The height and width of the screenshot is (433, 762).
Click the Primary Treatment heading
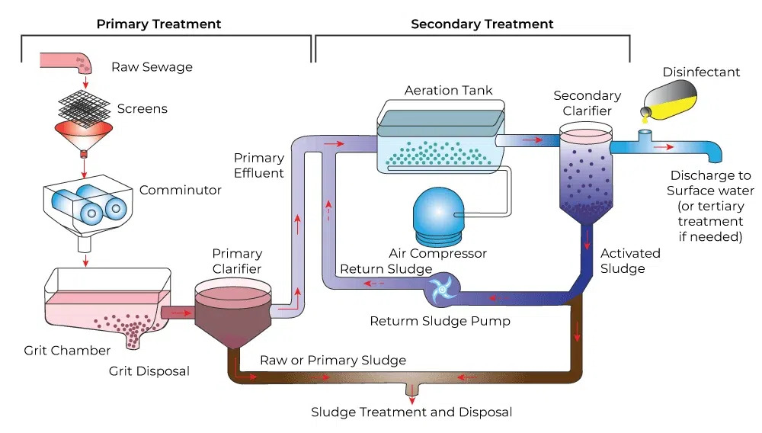click(158, 24)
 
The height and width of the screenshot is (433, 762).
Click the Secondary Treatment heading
click(482, 24)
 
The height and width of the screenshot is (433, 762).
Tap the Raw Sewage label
click(152, 67)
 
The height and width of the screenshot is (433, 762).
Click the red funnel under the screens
click(84, 137)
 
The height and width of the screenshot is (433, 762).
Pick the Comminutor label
click(180, 190)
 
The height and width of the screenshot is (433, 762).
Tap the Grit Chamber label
click(67, 351)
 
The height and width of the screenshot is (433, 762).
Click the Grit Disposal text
click(149, 371)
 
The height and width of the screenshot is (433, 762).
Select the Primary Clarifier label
click(237, 261)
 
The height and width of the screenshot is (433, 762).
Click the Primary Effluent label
click(259, 165)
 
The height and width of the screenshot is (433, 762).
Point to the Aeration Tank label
click(448, 91)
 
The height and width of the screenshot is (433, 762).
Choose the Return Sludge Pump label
click(440, 321)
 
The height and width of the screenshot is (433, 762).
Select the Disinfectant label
click(701, 72)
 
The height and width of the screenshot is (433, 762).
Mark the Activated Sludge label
click(629, 261)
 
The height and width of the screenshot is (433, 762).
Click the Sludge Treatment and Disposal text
click(411, 412)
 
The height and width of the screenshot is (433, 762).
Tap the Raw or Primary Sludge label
click(333, 360)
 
